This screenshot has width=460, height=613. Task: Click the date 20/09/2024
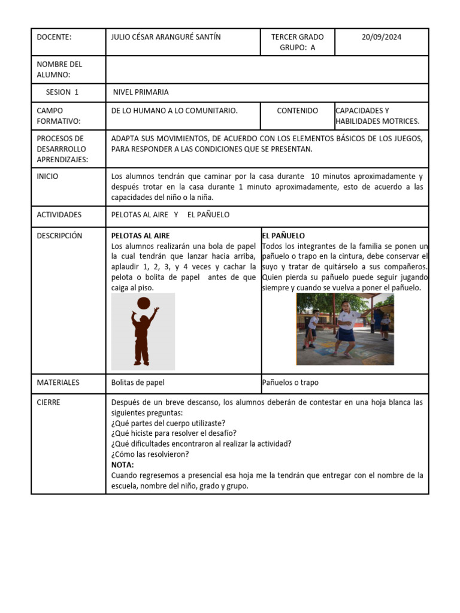coord(382,37)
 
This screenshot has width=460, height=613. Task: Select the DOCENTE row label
coord(54,37)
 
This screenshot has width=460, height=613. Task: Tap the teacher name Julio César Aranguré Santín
coord(166,37)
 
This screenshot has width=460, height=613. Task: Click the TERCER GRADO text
coord(297,37)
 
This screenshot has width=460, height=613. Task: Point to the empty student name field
coord(267,69)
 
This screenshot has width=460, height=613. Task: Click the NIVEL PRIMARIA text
coord(141,92)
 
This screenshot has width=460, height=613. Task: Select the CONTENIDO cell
coord(297,111)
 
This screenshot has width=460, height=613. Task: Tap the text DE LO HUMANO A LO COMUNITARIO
coord(174,111)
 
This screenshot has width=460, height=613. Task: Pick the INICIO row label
coord(48,177)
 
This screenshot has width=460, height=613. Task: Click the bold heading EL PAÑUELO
coord(283,236)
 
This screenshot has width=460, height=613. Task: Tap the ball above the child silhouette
coord(144,304)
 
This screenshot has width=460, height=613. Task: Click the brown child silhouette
coord(141,338)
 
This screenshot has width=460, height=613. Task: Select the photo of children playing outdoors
coord(345,329)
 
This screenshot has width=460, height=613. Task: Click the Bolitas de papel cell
coord(138,383)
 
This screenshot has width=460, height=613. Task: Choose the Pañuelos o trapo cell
coord(290,383)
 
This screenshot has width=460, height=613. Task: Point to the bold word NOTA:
coord(123,465)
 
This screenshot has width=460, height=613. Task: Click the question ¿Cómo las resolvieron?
coord(150,454)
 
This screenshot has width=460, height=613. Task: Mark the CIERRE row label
coord(49,403)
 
